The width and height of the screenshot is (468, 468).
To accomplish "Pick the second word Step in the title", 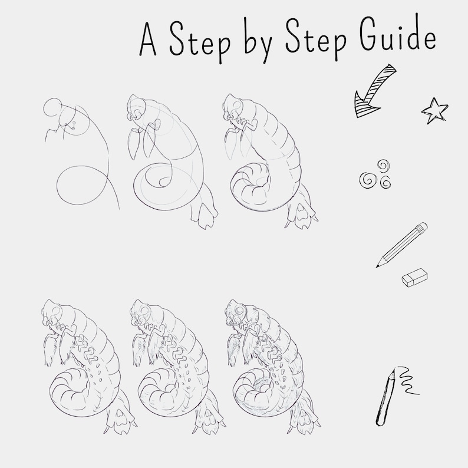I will pos(312,41).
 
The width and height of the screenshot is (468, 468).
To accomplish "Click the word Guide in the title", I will pos(398,38).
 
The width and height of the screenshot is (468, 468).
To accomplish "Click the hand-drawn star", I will pos(435,110).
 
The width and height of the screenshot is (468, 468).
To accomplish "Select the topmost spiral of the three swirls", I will pos(383,166).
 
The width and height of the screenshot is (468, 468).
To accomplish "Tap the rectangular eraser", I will pos(414,279).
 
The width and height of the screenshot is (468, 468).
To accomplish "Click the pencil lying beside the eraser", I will pos(403,245).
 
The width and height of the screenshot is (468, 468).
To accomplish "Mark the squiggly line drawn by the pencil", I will pos(407,380).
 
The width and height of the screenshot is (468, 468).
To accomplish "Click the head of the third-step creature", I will pos(231,109).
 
